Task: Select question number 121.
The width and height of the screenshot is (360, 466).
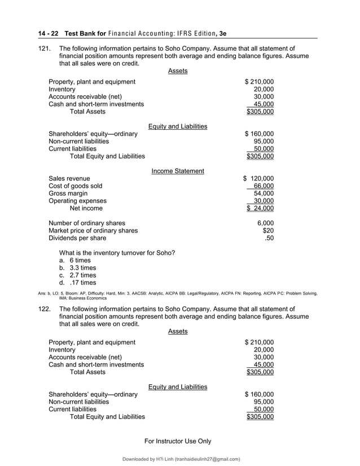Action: coord(45,49)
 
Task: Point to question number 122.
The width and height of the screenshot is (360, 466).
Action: coord(45,309)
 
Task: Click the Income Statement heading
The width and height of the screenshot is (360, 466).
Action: coord(178,171)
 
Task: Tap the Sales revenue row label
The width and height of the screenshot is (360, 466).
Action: coord(69,179)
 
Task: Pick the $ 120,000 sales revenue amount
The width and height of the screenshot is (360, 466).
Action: coord(258,179)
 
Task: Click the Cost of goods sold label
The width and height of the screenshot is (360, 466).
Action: coord(76,186)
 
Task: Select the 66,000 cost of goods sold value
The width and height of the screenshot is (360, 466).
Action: coord(264,186)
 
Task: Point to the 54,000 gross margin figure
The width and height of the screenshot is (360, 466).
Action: coord(264,194)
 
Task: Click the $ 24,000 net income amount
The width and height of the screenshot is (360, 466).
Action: coord(260,208)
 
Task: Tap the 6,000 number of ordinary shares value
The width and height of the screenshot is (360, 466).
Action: coord(265,223)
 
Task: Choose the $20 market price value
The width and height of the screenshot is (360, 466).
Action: coord(268,230)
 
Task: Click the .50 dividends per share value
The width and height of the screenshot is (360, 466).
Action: coord(269,238)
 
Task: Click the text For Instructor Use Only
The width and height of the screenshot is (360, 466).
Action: coord(178,441)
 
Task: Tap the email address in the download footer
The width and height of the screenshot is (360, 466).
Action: coord(207,459)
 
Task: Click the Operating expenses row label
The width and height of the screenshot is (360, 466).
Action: coord(77,201)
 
